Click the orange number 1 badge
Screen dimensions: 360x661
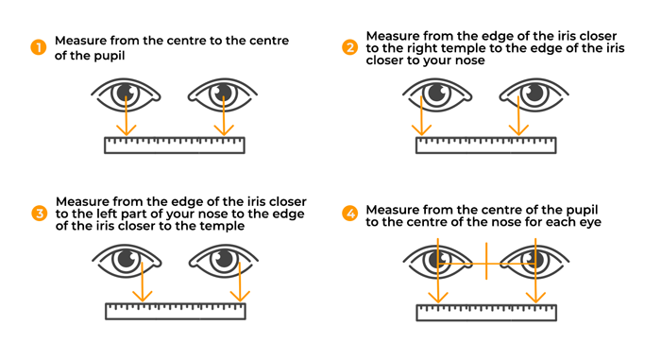tap(39, 47)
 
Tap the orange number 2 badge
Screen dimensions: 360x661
tap(350, 47)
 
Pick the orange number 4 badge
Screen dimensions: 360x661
tap(350, 214)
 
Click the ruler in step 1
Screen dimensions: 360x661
tap(174, 146)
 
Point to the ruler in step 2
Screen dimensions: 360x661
tap(485, 146)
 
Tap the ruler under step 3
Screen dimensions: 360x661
tap(177, 311)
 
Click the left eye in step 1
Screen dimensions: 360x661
tap(127, 94)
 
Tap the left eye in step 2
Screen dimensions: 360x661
tap(436, 94)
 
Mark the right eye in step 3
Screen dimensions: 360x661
tap(223, 260)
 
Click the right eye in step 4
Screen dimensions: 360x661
tap(533, 260)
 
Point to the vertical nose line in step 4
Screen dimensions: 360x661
tap(485, 260)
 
